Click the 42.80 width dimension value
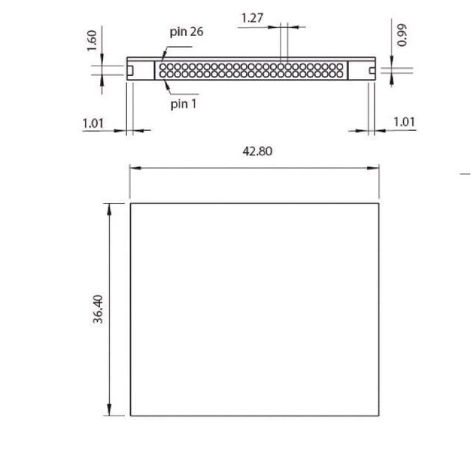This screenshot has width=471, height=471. [257, 151]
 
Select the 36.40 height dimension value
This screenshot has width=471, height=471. [98, 309]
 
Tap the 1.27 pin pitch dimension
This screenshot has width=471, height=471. [253, 18]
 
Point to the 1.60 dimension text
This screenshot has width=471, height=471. [92, 41]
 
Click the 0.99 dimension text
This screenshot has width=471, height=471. [402, 35]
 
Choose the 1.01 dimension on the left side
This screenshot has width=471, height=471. [93, 123]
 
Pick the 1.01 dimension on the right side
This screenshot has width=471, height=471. [404, 122]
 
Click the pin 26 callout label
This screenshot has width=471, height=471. [187, 32]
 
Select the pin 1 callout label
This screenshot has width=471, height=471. [183, 104]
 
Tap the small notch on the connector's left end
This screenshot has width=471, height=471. [130, 70]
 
